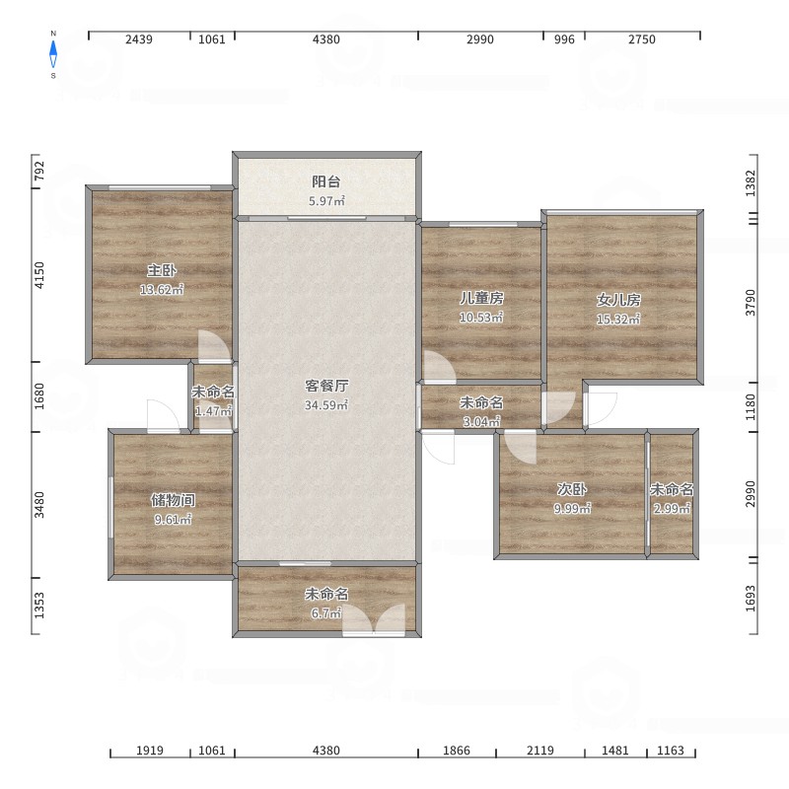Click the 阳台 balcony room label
click(x=326, y=181)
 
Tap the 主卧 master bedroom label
click(x=162, y=270)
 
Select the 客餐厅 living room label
click(x=326, y=386)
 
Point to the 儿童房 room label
click(x=481, y=298)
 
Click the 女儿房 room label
click(x=618, y=300)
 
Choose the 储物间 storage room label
click(x=173, y=500)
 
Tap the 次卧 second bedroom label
click(x=572, y=489)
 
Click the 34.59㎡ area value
click(x=326, y=405)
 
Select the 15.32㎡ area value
click(x=618, y=319)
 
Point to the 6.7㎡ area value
click(x=326, y=612)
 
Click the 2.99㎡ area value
click(x=672, y=508)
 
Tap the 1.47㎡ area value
click(x=213, y=411)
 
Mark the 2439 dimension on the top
click(x=139, y=39)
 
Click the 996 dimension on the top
click(x=564, y=39)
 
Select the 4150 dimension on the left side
click(x=39, y=275)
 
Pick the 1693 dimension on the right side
click(x=751, y=599)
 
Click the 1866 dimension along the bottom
click(x=457, y=751)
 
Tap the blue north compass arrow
click(x=53, y=54)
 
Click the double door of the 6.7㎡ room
click(x=374, y=620)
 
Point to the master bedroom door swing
click(x=215, y=346)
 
